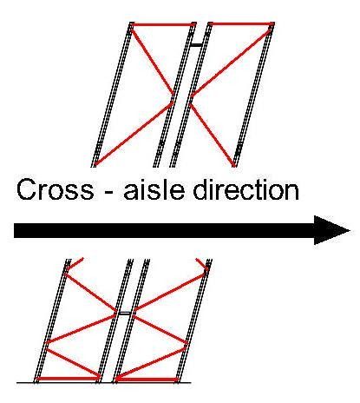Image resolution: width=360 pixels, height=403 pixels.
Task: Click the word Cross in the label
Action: [55, 188]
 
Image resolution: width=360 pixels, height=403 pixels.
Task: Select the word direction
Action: [246, 188]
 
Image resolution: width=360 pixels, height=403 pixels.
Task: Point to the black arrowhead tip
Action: [350, 230]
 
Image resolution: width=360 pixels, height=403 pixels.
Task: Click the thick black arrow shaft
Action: [164, 230]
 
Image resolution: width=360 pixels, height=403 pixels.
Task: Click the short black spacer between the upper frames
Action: [197, 45]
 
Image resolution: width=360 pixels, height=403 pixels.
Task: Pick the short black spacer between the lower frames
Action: [125, 314]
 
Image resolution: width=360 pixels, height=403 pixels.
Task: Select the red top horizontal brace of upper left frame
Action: [162, 24]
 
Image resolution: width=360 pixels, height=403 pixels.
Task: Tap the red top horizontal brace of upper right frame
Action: [241, 23]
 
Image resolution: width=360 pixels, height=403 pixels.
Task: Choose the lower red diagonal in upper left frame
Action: [134, 133]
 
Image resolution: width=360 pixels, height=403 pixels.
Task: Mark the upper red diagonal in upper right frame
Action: [232, 61]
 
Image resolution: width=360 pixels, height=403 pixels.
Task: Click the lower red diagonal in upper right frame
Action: [213, 135]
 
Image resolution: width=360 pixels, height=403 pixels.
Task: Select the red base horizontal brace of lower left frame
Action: [68, 379]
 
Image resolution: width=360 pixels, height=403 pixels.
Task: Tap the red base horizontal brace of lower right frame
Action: [147, 380]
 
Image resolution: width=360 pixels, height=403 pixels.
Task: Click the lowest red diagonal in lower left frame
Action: [74, 363]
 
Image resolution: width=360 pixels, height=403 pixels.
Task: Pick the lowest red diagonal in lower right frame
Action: [152, 363]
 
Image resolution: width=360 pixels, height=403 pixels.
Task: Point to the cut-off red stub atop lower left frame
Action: [75, 263]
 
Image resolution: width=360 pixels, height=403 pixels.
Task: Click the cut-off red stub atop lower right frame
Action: [202, 264]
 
